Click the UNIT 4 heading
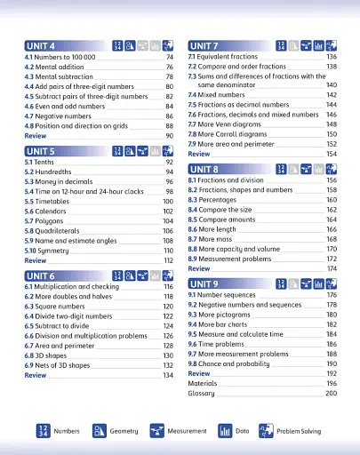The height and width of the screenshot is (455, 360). [41, 45]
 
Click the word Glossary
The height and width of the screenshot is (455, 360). [201, 393]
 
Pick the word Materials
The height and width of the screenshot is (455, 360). [202, 383]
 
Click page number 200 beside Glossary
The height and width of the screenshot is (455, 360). [331, 393]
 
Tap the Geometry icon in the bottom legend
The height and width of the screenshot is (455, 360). [100, 430]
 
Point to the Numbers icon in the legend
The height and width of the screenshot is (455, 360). [39, 430]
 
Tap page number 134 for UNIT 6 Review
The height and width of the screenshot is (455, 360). [167, 376]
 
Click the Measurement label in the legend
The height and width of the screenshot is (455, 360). [187, 431]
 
